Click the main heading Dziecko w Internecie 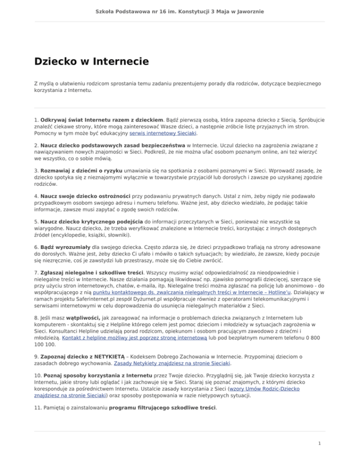[91, 61]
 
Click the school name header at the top [180, 10]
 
